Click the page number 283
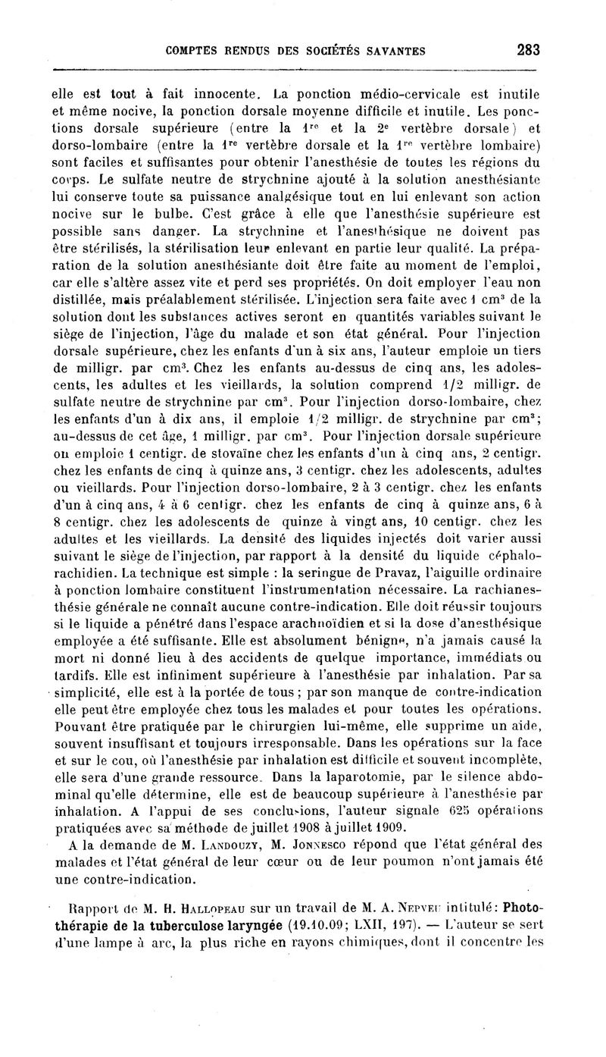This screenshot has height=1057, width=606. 528,51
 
